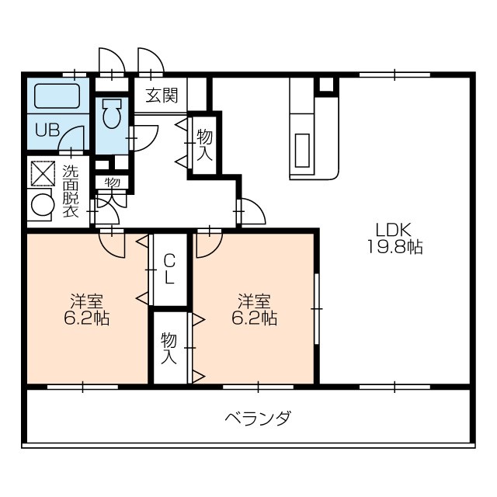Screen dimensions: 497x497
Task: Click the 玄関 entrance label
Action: (162, 96)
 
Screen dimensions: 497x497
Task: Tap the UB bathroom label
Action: (46, 130)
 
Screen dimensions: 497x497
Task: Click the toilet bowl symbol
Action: (111, 116)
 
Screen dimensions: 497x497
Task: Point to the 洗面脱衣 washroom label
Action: (70, 191)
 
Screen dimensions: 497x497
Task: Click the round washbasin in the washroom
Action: (40, 205)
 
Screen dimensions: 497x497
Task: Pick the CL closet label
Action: (169, 269)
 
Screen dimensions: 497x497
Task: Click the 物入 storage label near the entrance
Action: (204, 145)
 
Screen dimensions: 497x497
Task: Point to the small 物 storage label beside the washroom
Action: (112, 182)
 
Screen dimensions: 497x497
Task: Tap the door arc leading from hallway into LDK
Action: (251, 211)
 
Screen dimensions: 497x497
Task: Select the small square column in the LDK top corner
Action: (326, 85)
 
